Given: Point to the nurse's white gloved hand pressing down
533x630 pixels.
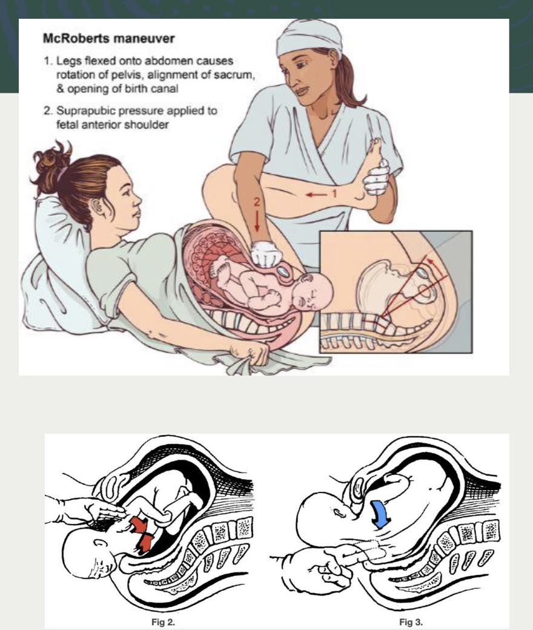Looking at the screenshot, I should (267, 255).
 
